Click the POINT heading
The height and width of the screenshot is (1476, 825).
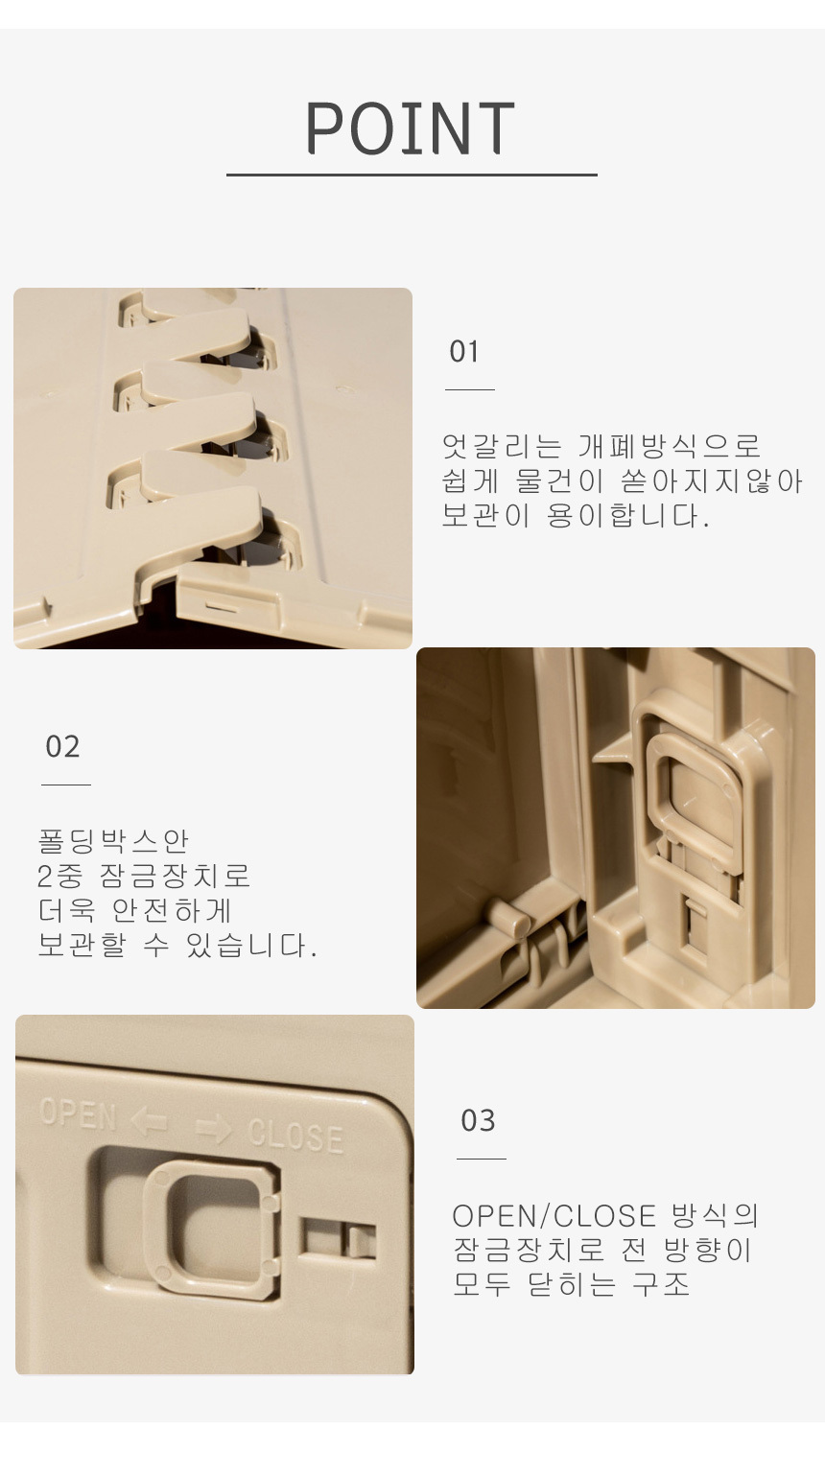(x=410, y=129)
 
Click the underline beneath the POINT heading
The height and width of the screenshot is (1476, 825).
(x=412, y=175)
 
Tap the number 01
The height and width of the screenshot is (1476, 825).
(x=464, y=352)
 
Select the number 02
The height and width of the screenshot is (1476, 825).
(x=62, y=746)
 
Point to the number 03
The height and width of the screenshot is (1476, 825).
(x=478, y=1120)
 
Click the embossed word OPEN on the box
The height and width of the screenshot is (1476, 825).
(x=78, y=1113)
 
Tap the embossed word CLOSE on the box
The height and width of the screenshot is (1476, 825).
(x=295, y=1136)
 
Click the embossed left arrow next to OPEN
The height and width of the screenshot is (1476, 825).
(x=150, y=1120)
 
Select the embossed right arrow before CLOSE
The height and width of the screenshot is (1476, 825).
(x=214, y=1129)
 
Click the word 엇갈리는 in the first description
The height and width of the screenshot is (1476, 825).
(x=502, y=446)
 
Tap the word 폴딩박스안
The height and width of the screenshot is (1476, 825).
(x=113, y=841)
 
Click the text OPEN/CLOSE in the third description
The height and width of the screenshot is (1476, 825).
(x=554, y=1216)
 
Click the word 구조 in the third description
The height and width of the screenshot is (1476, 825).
(x=660, y=1284)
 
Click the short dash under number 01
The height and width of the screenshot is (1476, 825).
(x=470, y=389)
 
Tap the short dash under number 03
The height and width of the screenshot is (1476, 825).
(x=482, y=1159)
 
